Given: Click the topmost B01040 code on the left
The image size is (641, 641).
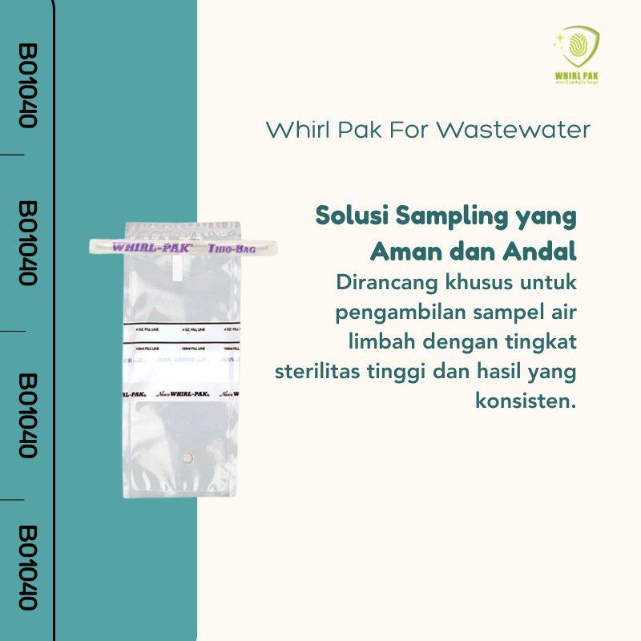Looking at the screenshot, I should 27,85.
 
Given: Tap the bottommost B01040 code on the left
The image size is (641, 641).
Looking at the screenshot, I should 27,568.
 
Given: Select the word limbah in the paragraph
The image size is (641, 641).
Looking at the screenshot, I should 376,342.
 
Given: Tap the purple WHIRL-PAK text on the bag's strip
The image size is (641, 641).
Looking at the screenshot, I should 150,248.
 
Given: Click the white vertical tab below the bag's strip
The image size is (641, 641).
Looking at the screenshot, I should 178,272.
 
